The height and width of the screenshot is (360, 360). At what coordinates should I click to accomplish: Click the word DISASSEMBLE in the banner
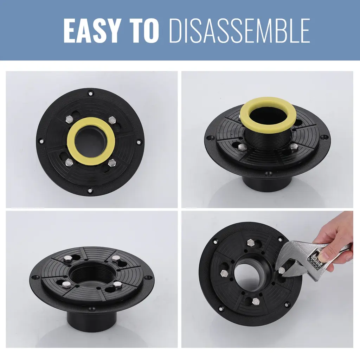point(239,31)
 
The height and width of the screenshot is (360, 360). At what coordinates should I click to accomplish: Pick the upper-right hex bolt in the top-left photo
point(112,120)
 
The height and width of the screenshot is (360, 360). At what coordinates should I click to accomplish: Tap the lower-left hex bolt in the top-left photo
point(69,162)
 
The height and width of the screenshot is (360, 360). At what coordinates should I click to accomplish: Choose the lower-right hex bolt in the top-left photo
point(112,163)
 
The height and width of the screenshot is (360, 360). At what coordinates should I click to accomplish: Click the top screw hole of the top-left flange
point(91,93)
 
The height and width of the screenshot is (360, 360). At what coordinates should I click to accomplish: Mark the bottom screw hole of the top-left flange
point(91,190)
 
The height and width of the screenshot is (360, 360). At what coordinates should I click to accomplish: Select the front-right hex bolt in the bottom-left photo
point(117,285)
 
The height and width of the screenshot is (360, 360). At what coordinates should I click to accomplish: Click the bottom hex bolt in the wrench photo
point(256,301)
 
